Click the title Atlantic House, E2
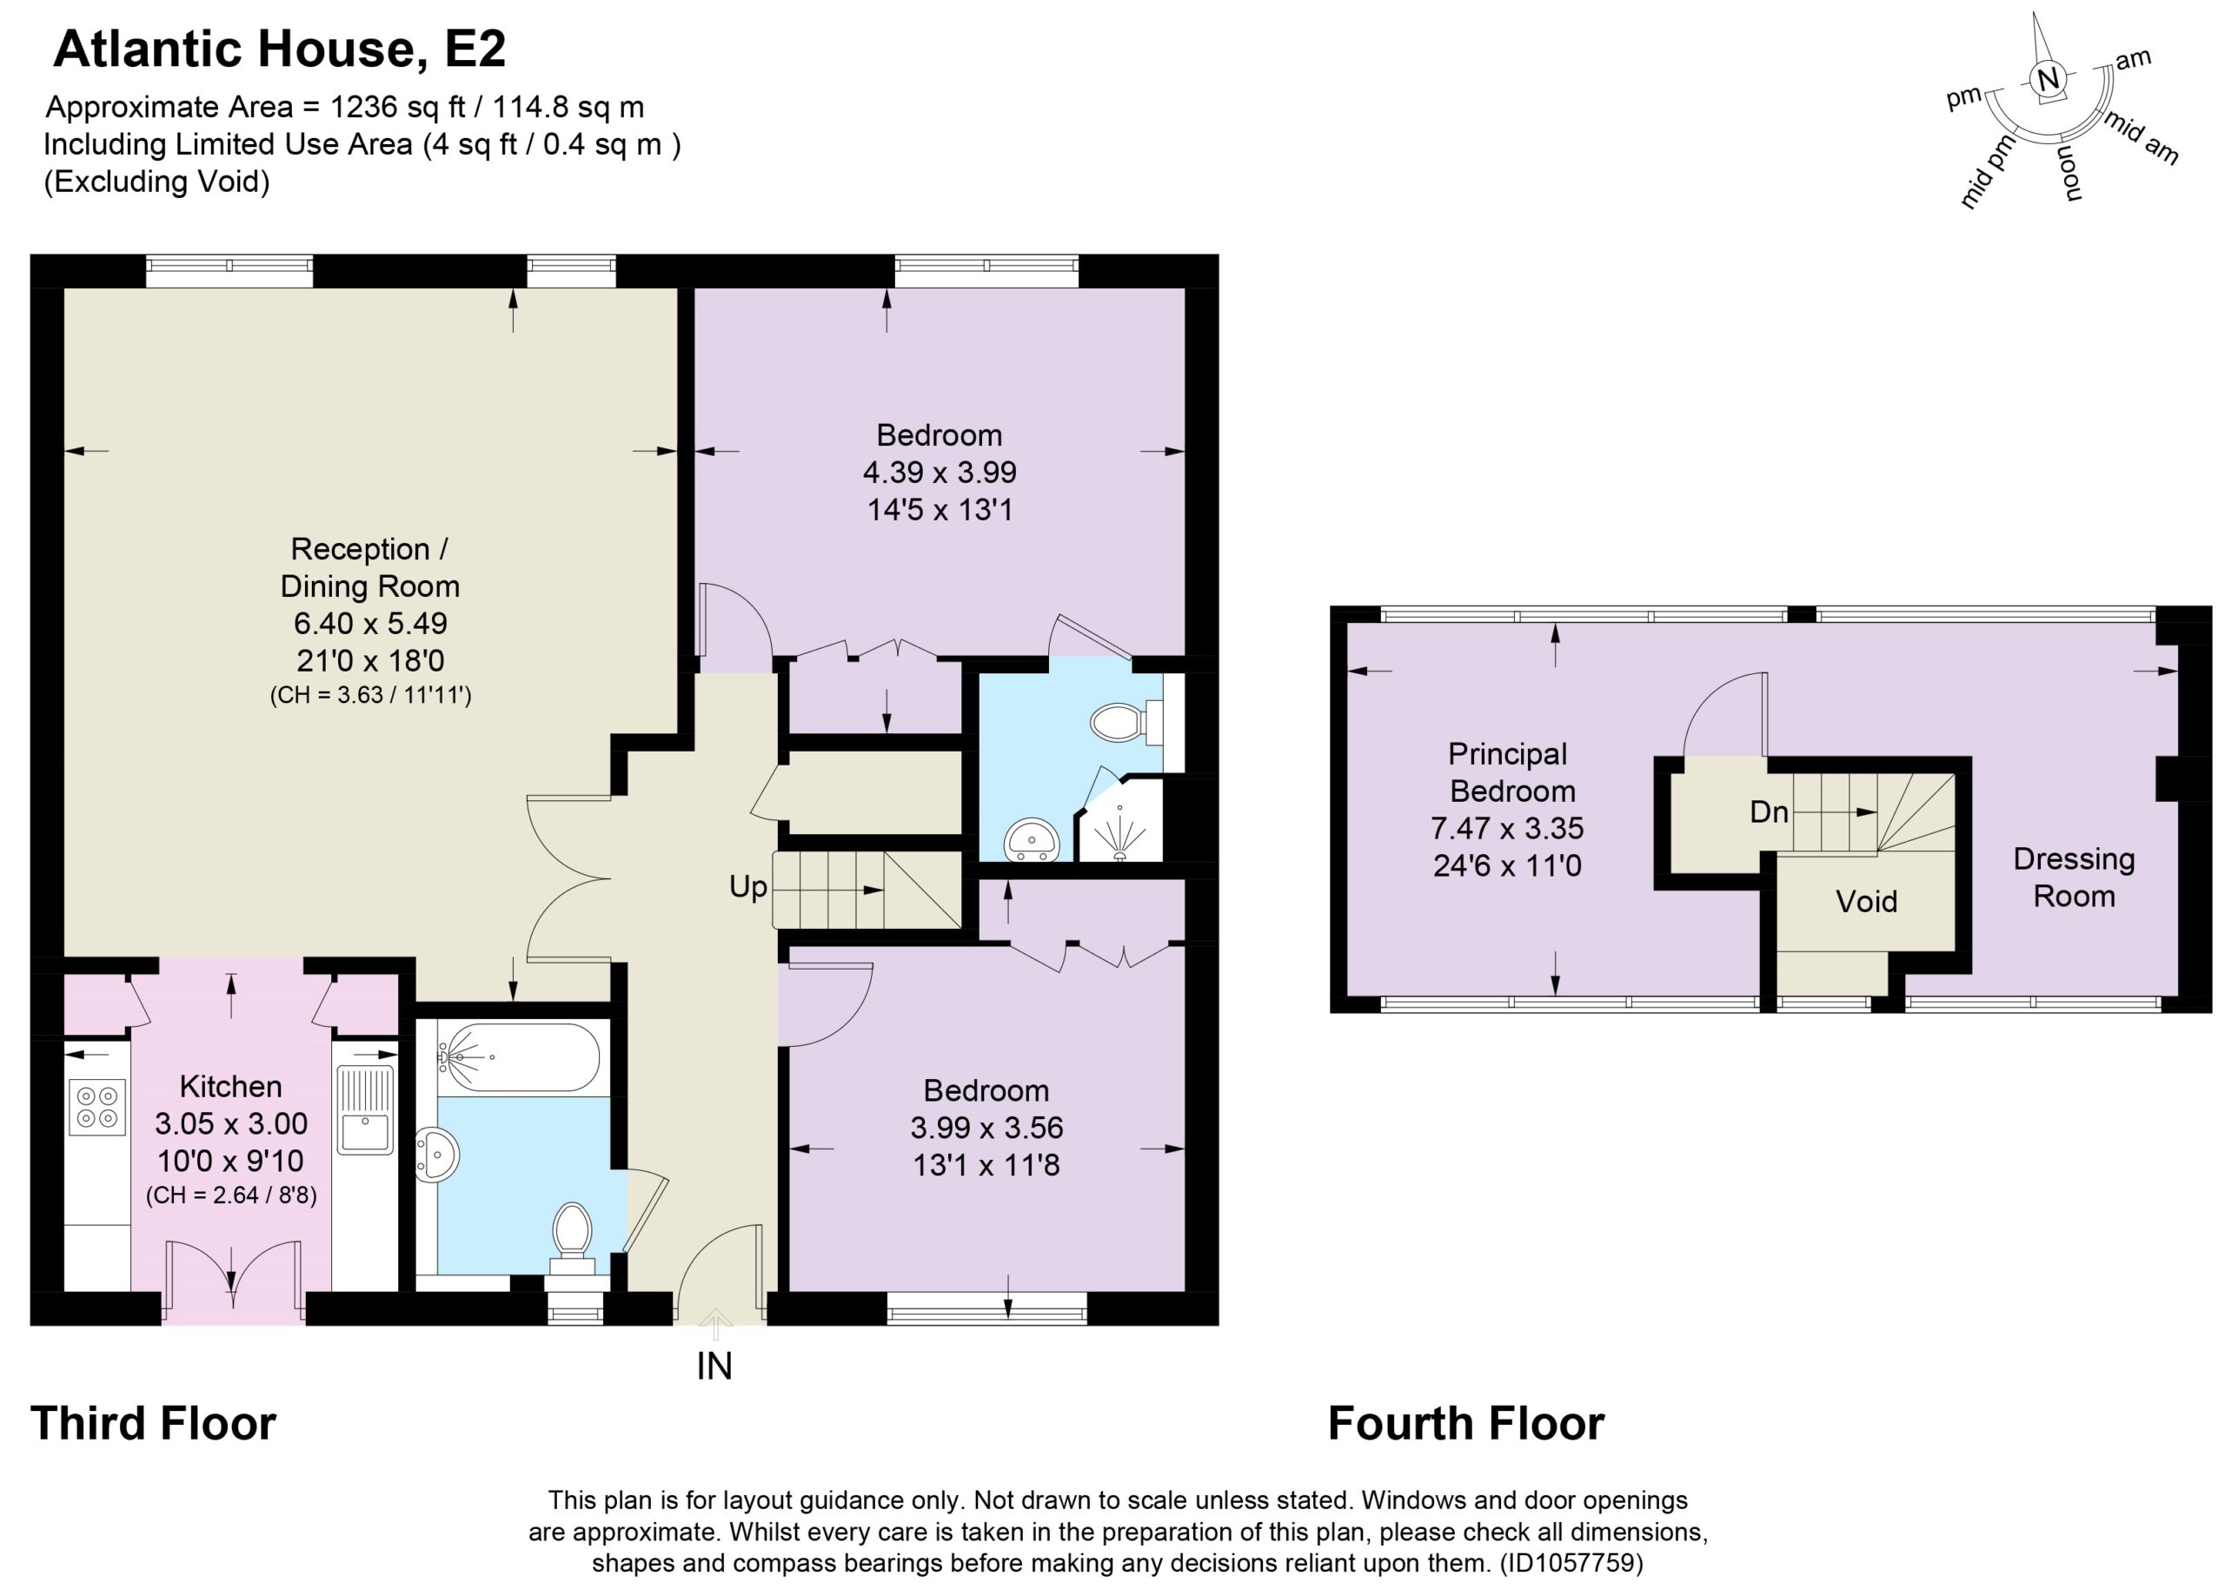279,49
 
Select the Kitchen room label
231,1086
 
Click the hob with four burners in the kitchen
98,1107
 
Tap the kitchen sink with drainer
364,1109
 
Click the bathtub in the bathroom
519,1056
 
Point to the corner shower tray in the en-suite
1119,819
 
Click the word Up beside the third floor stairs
747,886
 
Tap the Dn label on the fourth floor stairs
1769,812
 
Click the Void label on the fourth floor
1866,901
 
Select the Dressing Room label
2073,877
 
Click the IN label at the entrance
714,1366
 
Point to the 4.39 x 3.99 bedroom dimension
940,473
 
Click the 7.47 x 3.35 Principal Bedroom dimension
1507,829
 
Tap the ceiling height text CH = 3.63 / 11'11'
371,697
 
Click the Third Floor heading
154,1424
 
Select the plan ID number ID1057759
1571,1563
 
